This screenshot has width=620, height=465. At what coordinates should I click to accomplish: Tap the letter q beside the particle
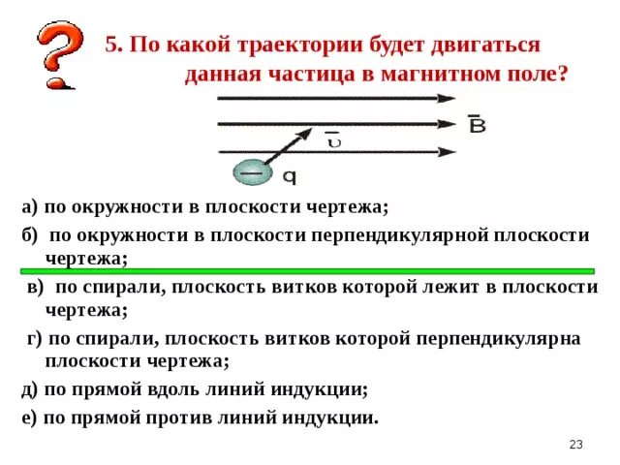(289, 176)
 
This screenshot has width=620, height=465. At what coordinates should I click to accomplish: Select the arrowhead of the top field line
(448, 98)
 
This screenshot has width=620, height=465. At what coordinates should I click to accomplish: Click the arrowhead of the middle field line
(448, 124)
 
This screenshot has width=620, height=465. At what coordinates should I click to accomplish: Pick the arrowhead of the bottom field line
(448, 151)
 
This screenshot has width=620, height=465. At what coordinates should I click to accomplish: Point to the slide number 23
(575, 445)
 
